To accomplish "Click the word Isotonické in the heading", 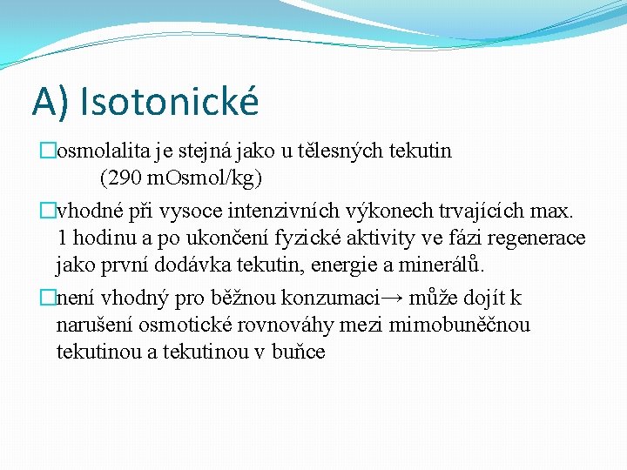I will click(x=169, y=102).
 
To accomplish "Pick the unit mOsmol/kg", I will click(x=203, y=178).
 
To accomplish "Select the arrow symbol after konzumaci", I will click(x=393, y=299).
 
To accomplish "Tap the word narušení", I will click(x=94, y=326).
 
